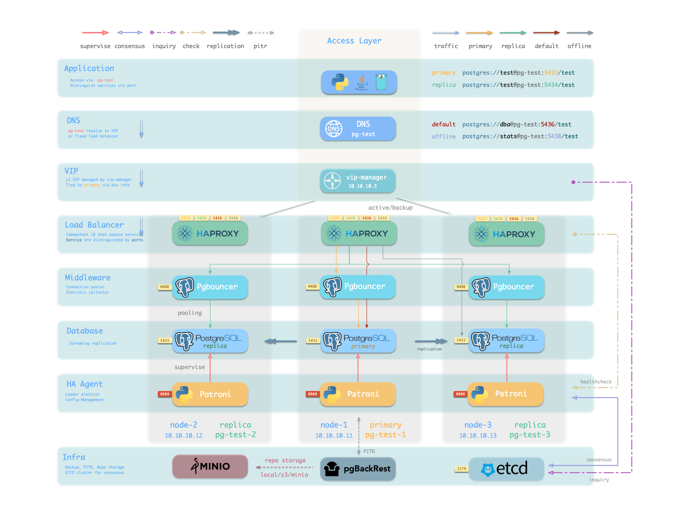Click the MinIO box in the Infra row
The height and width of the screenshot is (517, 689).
coord(210,466)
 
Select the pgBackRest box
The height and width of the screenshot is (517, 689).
coord(358,469)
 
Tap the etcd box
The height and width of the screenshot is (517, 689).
coord(506,469)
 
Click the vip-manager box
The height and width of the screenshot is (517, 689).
coord(358,181)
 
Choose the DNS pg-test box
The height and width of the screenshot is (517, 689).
coord(358,129)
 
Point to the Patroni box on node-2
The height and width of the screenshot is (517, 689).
coord(210,394)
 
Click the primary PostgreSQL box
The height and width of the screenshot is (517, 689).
coord(358,341)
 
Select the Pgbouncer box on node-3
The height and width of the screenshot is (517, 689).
coord(506,287)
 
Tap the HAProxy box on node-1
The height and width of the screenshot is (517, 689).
coord(359,233)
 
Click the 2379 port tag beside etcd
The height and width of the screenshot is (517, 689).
coord(461,469)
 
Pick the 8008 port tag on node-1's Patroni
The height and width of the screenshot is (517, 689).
coord(312,394)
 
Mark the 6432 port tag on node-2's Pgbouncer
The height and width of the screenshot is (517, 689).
coord(165,287)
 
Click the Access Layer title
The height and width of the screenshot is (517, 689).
coord(354,41)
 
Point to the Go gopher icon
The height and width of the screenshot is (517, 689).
coord(381,82)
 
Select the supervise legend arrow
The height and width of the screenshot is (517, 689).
coord(95,33)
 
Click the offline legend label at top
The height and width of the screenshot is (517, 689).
coord(579,46)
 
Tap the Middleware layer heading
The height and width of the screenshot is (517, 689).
coord(88,278)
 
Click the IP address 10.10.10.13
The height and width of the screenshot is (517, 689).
coord(478,436)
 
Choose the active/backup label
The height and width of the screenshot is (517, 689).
coord(390,208)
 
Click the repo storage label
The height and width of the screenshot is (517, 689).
coord(285,460)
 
